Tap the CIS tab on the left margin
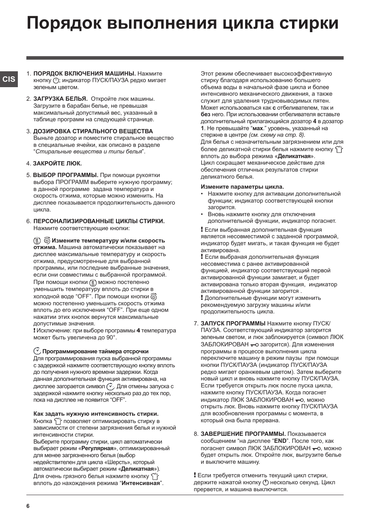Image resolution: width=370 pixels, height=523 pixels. [x=9, y=79]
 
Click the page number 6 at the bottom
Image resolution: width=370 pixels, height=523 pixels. [x=28, y=506]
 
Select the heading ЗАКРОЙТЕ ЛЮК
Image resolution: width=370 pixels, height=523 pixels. [x=57, y=163]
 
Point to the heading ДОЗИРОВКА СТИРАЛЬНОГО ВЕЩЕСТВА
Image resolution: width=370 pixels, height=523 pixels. [x=93, y=131]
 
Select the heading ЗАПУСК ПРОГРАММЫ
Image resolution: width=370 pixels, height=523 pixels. [x=233, y=323]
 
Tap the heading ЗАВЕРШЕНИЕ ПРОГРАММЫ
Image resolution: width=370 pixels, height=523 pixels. [x=243, y=434]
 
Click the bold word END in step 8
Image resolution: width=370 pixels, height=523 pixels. [x=280, y=441]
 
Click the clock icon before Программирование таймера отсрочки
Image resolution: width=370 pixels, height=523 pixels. [x=37, y=351]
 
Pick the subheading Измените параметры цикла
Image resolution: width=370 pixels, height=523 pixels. [x=242, y=187]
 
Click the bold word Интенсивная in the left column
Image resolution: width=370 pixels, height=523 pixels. [x=141, y=483]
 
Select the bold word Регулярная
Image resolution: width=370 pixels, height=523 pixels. [x=97, y=448]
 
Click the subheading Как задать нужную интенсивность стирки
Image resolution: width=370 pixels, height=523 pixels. [x=96, y=414]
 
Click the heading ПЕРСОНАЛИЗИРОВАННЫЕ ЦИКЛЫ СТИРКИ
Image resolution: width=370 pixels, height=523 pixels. [x=99, y=221]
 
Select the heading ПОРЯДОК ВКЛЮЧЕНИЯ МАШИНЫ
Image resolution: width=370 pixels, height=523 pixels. [x=85, y=74]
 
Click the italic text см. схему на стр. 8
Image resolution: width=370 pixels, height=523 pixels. [x=277, y=135]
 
